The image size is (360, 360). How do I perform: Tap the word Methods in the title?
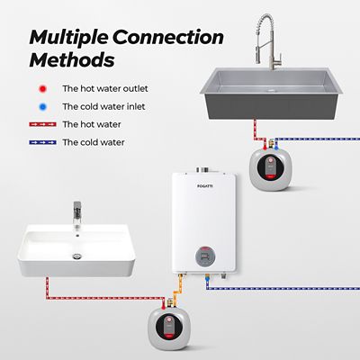(x=72, y=61)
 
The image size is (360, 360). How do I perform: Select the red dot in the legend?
(x=42, y=89)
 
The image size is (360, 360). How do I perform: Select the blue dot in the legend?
(x=42, y=107)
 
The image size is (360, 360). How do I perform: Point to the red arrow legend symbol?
(x=40, y=124)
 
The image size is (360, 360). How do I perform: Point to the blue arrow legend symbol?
(x=40, y=142)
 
